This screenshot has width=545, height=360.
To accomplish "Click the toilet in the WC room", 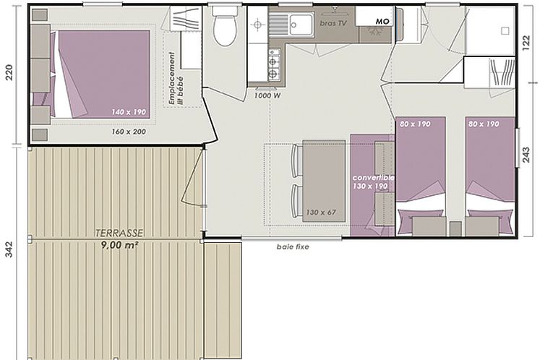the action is click(225, 27).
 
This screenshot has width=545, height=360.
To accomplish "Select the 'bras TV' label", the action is click(333, 23).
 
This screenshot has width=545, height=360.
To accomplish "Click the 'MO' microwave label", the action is click(382, 22).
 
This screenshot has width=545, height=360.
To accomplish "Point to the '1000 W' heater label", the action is click(267, 95).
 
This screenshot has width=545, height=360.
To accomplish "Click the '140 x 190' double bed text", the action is click(129, 112).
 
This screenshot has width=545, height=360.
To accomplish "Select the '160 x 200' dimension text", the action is click(129, 132).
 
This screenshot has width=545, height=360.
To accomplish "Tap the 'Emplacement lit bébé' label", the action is click(176, 78).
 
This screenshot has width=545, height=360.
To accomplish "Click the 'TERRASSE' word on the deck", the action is click(119, 233).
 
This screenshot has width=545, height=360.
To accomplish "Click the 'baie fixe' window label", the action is click(293, 247).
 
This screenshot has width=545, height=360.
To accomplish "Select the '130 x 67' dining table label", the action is click(321, 212).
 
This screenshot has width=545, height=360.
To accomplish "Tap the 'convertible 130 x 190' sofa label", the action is click(372, 181).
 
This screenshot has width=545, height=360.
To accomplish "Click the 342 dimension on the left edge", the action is click(9, 249).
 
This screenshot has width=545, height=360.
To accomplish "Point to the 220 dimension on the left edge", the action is click(9, 72).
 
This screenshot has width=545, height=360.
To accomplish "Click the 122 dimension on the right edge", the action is click(527, 43).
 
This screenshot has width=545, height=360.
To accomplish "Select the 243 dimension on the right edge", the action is click(527, 155).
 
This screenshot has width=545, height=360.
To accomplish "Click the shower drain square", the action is click(505, 31).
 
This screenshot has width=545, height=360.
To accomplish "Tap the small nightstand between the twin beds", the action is click(455, 228).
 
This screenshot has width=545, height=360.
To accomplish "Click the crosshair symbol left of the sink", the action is click(257, 25).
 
